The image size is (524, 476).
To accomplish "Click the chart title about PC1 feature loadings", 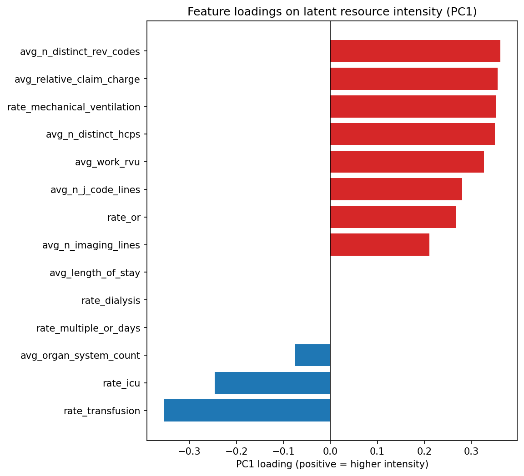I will [x=332, y=12].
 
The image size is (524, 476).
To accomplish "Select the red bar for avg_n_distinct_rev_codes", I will [x=415, y=51].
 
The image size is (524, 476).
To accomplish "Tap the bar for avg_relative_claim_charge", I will [x=413, y=79].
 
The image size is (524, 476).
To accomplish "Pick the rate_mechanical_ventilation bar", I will [x=413, y=107].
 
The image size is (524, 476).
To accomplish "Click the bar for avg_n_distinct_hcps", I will [x=412, y=134].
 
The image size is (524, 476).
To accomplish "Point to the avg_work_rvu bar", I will [x=407, y=162].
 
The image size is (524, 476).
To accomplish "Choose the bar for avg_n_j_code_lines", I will [x=396, y=189].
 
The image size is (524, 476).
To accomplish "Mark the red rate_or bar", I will [x=393, y=217].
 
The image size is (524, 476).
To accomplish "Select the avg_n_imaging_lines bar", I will [x=379, y=245].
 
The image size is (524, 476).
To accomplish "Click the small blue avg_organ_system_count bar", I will [x=312, y=355].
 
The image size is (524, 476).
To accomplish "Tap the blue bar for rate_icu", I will [x=272, y=383].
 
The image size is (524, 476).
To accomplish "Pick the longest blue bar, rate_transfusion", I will [x=247, y=411].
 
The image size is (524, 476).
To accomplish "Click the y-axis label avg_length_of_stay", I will [x=95, y=273].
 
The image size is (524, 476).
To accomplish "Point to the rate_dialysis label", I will [x=111, y=301].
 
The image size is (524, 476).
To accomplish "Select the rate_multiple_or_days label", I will [x=88, y=328].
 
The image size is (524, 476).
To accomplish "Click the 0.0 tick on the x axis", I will [x=330, y=452].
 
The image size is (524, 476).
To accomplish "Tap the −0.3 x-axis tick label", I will [x=189, y=452].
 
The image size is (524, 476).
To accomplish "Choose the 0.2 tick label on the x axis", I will [x=424, y=452].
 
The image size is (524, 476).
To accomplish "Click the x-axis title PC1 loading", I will [x=332, y=465].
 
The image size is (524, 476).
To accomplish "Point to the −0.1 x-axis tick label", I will [x=283, y=452].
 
